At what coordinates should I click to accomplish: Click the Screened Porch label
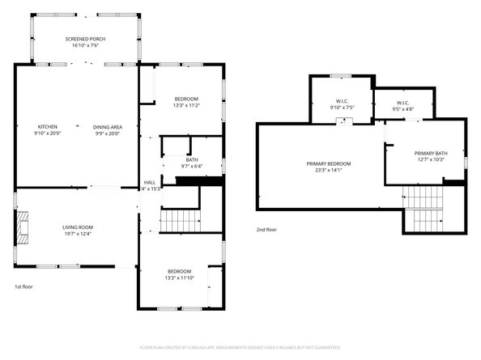[85, 39]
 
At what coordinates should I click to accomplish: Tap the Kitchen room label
[48, 126]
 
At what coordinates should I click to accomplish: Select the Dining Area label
[107, 126]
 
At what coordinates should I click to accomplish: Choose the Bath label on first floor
[192, 159]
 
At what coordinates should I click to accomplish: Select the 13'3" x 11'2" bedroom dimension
[186, 105]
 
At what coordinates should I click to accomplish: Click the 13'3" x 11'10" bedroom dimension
[180, 277]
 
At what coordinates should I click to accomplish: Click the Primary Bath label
[430, 153]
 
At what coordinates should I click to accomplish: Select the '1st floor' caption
[23, 287]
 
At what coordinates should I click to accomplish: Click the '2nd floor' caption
[266, 229]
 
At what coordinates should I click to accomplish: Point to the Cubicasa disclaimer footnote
[240, 346]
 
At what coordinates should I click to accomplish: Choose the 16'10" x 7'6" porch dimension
[85, 46]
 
